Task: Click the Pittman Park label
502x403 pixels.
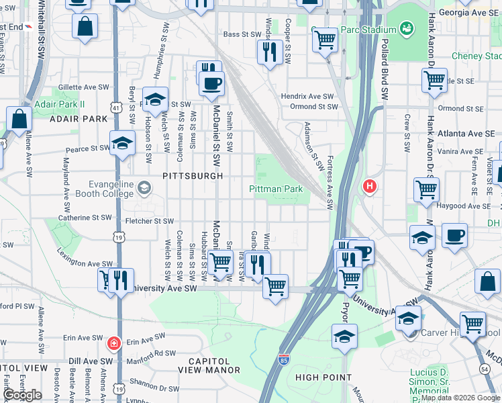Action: (x=276, y=189)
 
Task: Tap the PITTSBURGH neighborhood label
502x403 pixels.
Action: (x=193, y=176)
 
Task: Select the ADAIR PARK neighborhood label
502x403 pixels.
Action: (x=78, y=119)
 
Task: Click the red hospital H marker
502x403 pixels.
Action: (x=368, y=186)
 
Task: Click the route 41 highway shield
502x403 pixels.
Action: (x=117, y=107)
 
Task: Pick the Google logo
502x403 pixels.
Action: (x=22, y=395)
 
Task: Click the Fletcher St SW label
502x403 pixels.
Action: (x=145, y=221)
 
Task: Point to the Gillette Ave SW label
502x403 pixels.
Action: (x=84, y=87)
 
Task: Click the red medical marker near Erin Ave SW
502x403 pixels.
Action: (x=115, y=343)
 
